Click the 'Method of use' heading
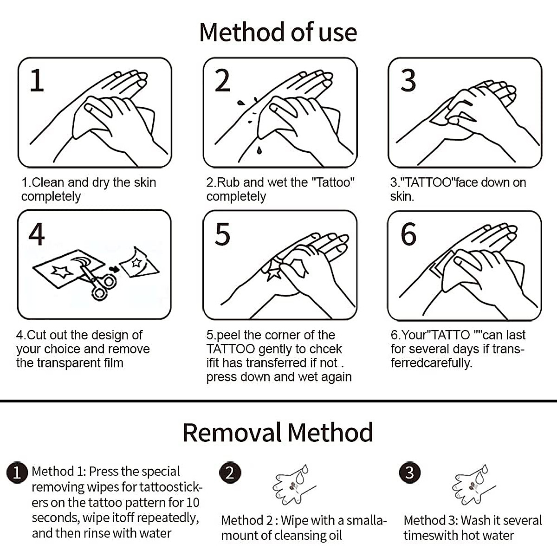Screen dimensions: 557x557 tap(278, 32)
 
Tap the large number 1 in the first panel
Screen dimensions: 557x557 tap(37, 80)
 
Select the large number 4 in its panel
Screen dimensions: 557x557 tap(37, 234)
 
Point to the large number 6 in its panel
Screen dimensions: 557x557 tap(408, 234)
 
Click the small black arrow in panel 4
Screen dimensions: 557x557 tap(113, 269)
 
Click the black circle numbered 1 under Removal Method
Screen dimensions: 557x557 tap(17, 473)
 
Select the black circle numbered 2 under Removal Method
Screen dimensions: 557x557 tap(229, 473)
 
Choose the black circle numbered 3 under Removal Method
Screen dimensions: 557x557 tap(409, 473)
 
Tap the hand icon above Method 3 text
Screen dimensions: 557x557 tap(471, 486)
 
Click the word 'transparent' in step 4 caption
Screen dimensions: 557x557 tap(70, 363)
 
